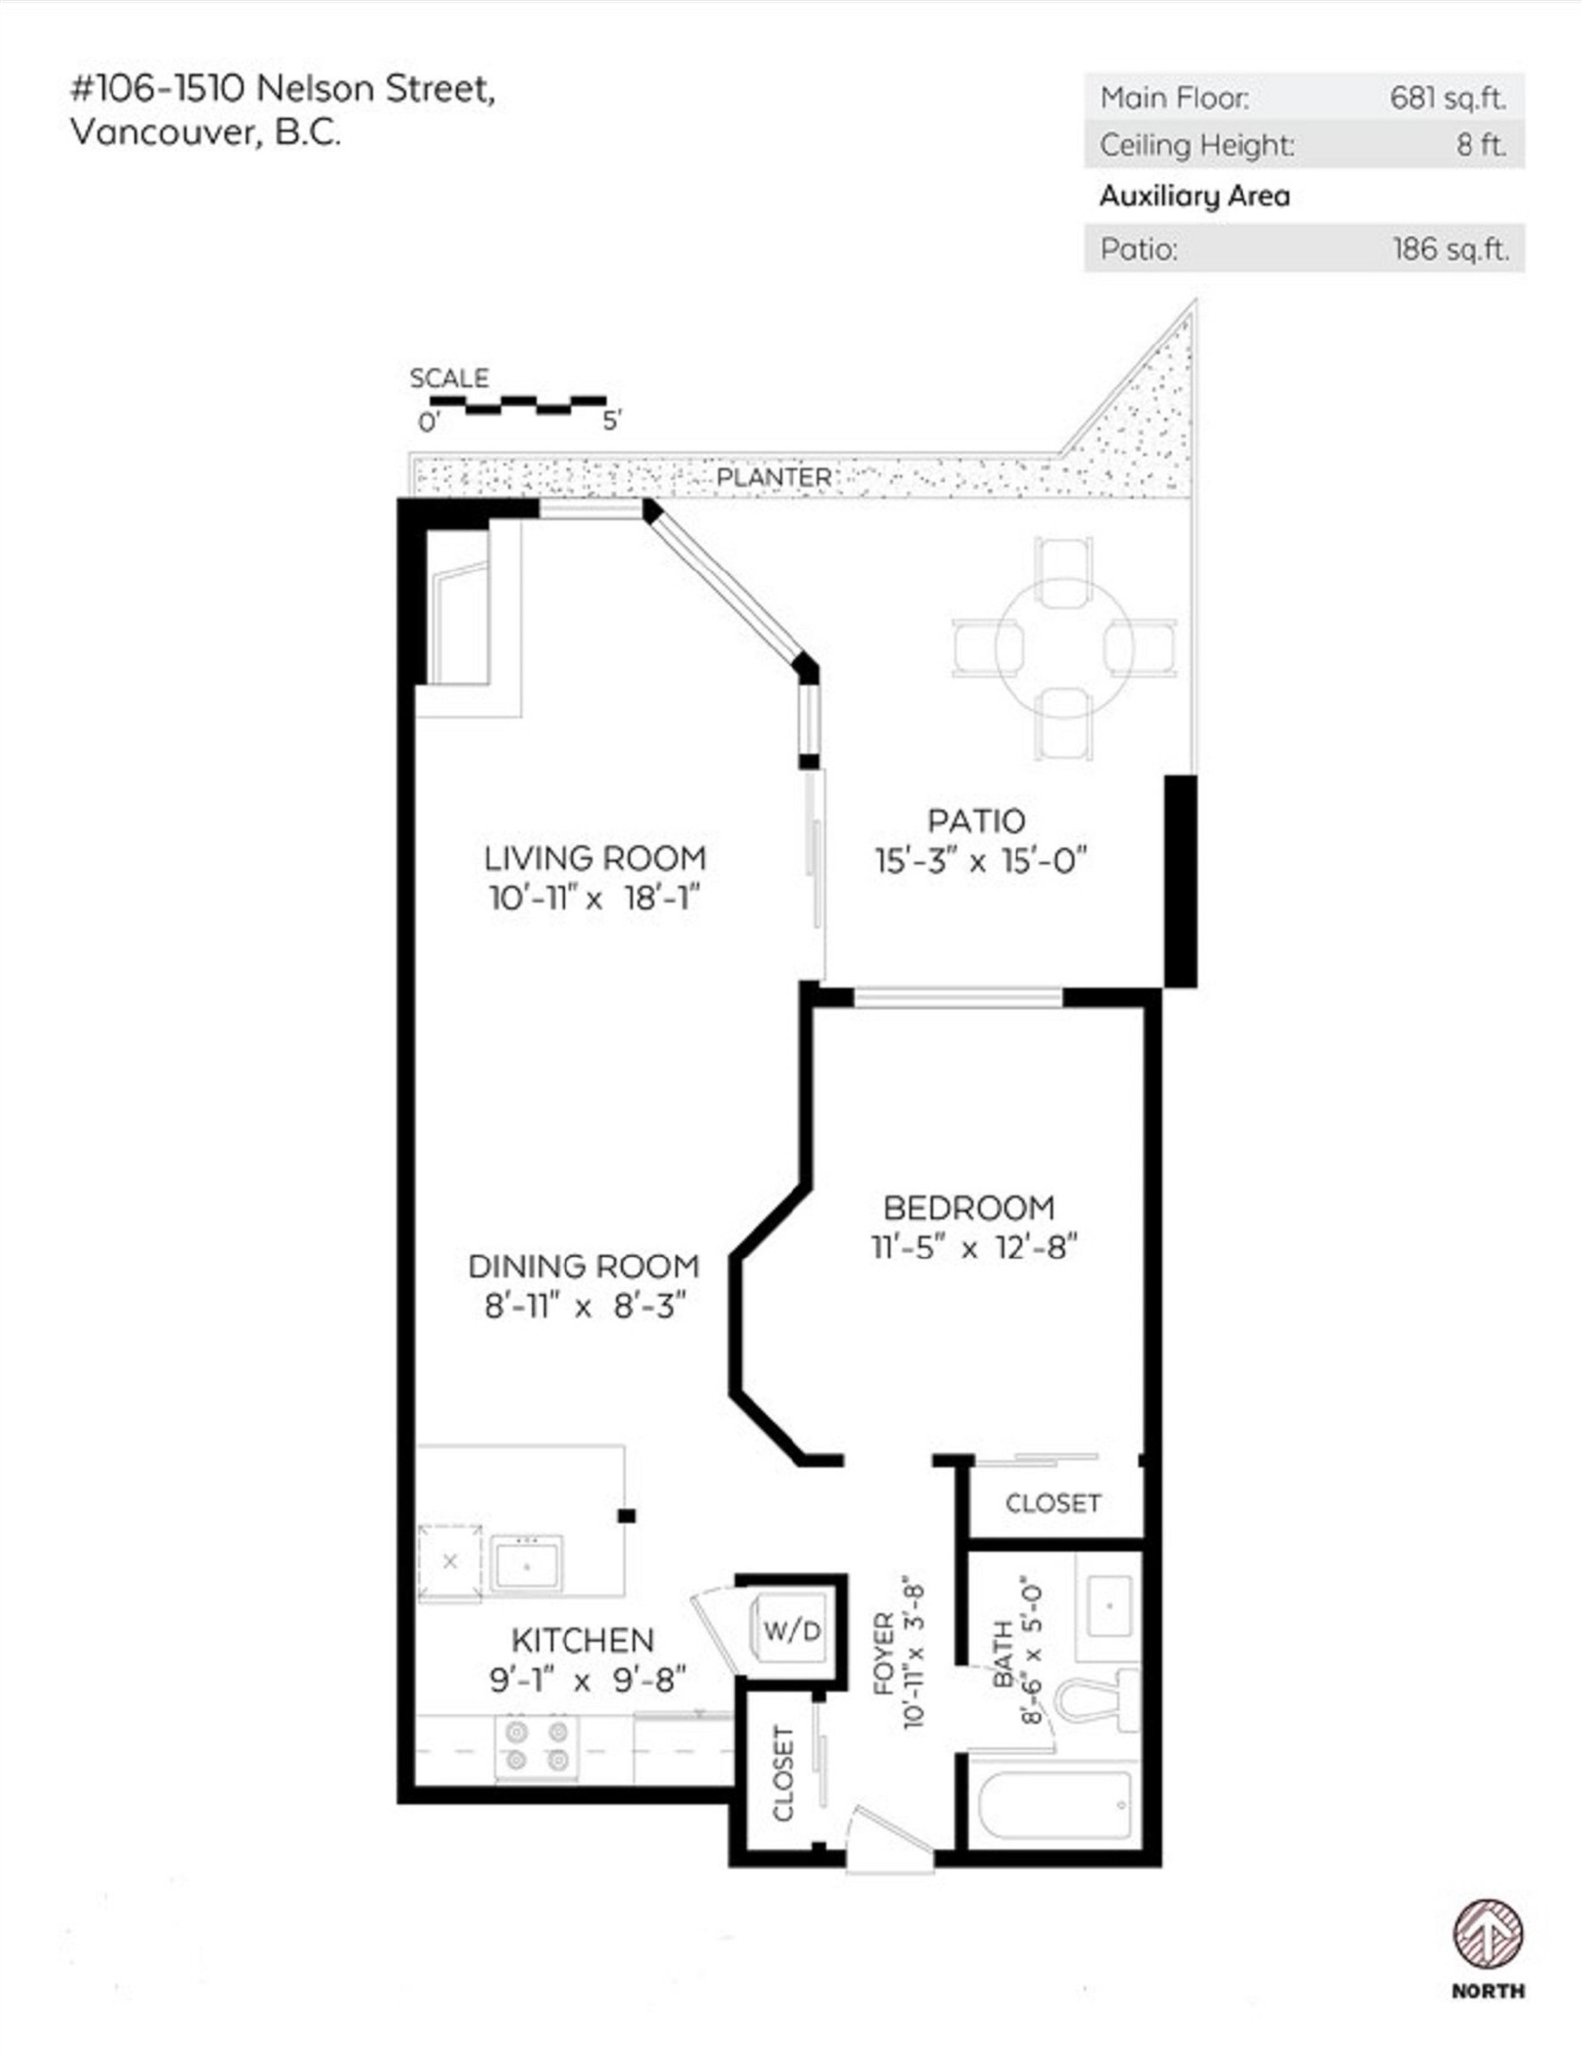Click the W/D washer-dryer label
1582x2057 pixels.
(792, 1630)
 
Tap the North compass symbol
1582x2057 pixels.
(1486, 1937)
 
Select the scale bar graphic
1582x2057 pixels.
(518, 404)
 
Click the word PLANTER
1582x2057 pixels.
(773, 478)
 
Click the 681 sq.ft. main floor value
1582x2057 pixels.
(1447, 98)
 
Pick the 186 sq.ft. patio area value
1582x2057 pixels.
(1450, 248)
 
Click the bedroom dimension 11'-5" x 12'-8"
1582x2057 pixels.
(973, 1248)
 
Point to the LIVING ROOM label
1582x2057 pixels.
(595, 858)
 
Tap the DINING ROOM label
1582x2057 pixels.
(584, 1266)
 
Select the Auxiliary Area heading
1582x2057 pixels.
(1194, 196)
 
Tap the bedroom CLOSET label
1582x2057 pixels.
(1053, 1503)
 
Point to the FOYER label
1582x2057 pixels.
(883, 1654)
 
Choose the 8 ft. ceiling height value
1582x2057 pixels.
(1481, 145)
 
